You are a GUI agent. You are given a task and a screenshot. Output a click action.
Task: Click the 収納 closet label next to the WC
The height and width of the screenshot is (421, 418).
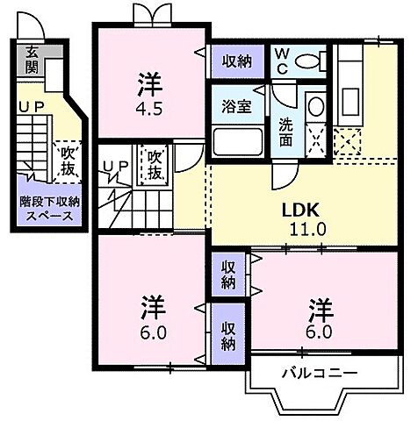pos(236,62)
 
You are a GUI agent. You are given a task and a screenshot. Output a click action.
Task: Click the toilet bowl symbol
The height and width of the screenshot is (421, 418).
pos(310,61)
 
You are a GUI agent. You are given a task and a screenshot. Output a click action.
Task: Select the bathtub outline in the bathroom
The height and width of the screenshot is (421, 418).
pos(236,141)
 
